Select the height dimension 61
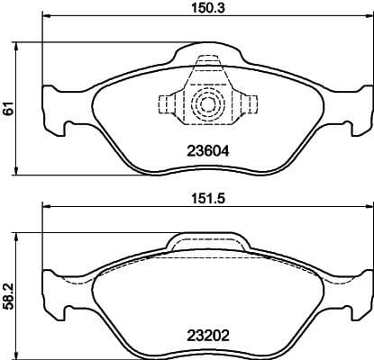coord(9,109)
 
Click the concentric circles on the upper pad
coord(208,103)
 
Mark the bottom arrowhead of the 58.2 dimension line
coord(21,353)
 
